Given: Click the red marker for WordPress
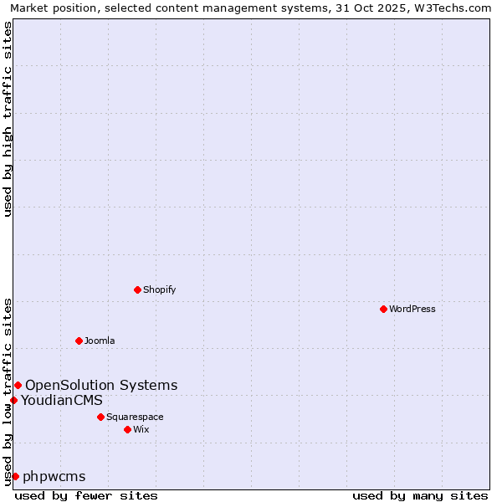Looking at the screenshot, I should [383, 309].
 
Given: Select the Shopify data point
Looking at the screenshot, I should [137, 289].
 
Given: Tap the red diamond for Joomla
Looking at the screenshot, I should [79, 341].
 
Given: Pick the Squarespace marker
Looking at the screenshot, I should [100, 417].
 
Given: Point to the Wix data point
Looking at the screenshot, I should [127, 429].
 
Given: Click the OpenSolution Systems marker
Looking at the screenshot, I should [18, 385].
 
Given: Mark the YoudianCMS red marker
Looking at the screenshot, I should [13, 400].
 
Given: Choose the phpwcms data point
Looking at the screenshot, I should [15, 476].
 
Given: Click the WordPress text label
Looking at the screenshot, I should [412, 309].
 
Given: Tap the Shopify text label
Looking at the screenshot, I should [159, 289].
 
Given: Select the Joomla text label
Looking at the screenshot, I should [100, 341].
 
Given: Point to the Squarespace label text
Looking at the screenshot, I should [135, 417].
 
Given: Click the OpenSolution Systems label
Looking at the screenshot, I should [101, 385].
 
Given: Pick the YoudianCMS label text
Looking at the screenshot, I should [62, 400].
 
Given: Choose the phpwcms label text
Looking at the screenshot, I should [54, 476].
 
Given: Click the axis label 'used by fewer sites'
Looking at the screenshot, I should [86, 495].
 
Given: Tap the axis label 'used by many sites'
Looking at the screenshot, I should [420, 495].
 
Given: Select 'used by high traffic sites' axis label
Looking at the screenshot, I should [8, 119].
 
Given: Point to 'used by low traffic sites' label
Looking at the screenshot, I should [8, 391].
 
